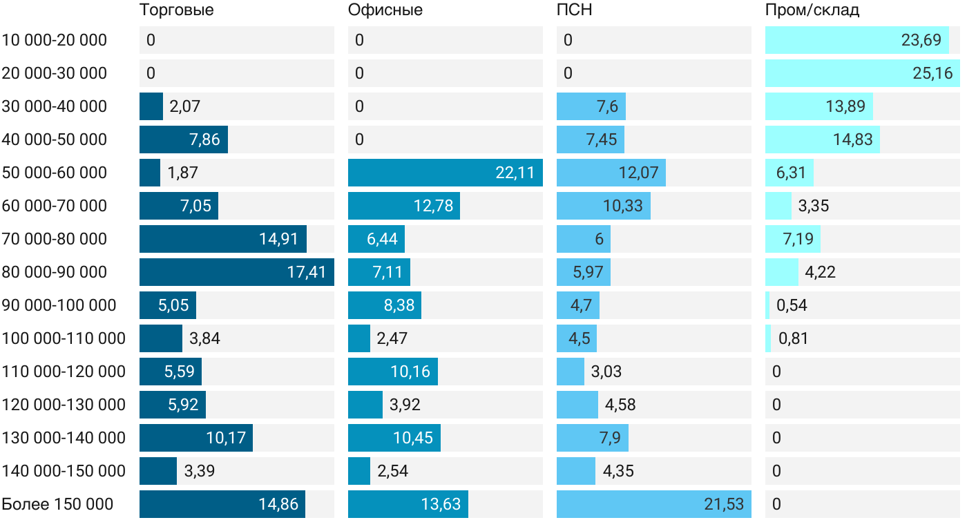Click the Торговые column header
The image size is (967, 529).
click(176, 10)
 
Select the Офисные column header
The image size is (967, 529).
click(385, 10)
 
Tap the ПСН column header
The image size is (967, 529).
click(574, 10)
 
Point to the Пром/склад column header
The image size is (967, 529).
click(812, 10)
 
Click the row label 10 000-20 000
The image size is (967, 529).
click(55, 40)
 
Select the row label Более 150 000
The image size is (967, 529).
click(57, 504)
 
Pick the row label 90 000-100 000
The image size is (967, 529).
click(59, 305)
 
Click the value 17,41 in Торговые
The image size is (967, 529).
click(307, 272)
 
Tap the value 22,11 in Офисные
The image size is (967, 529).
click(515, 173)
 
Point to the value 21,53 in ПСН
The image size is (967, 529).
click(724, 504)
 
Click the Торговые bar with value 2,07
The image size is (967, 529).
click(151, 106)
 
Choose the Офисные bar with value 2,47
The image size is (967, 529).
click(359, 338)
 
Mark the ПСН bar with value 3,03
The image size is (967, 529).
click(571, 372)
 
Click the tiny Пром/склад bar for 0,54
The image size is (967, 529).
click(767, 305)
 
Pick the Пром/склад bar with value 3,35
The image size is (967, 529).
click(778, 206)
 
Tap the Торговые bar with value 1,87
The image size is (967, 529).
click(150, 173)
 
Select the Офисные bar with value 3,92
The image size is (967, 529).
click(365, 405)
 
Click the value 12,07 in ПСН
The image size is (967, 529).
click(638, 173)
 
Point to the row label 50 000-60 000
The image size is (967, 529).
click(55, 173)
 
